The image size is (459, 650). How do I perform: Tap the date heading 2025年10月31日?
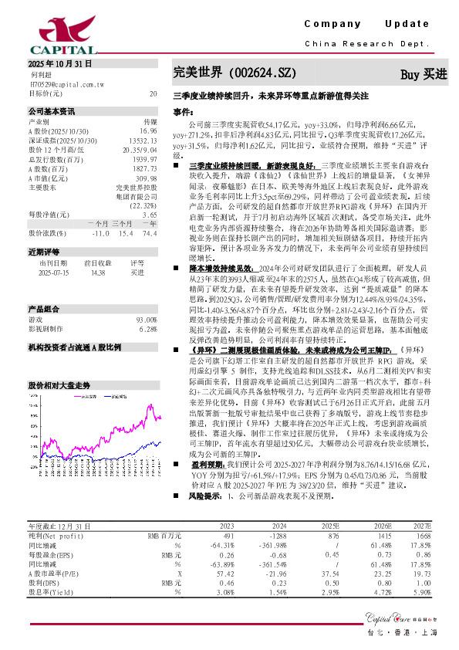(59, 63)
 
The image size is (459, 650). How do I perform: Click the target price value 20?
(153, 93)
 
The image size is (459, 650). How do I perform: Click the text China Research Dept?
(366, 44)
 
